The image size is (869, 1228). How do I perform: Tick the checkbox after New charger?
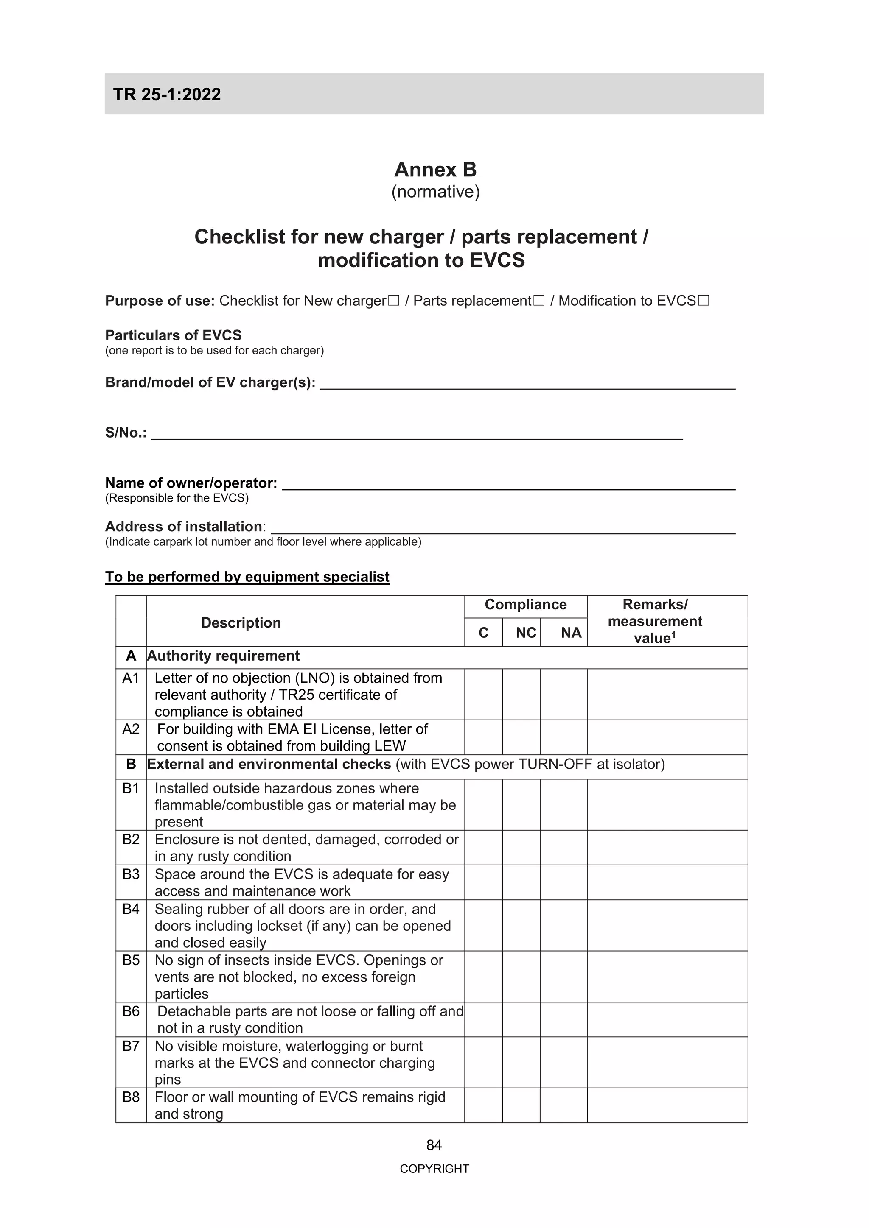pyautogui.click(x=393, y=301)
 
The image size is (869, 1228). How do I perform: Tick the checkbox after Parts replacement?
pyautogui.click(x=538, y=301)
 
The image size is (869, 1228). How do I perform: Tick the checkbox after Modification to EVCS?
pyautogui.click(x=703, y=301)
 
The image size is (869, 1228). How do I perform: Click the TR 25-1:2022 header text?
pyautogui.click(x=167, y=95)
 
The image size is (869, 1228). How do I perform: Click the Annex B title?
pyautogui.click(x=435, y=170)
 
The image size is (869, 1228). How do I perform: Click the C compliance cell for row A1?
pyautogui.click(x=483, y=694)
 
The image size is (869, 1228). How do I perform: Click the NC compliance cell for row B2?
pyautogui.click(x=521, y=847)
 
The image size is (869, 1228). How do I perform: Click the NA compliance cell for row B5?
pyautogui.click(x=563, y=976)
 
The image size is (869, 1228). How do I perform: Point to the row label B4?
pyautogui.click(x=131, y=909)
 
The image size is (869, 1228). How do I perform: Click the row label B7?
pyautogui.click(x=131, y=1046)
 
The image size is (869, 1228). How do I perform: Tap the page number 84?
pyautogui.click(x=434, y=1144)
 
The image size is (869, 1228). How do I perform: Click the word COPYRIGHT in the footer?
pyautogui.click(x=434, y=1169)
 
